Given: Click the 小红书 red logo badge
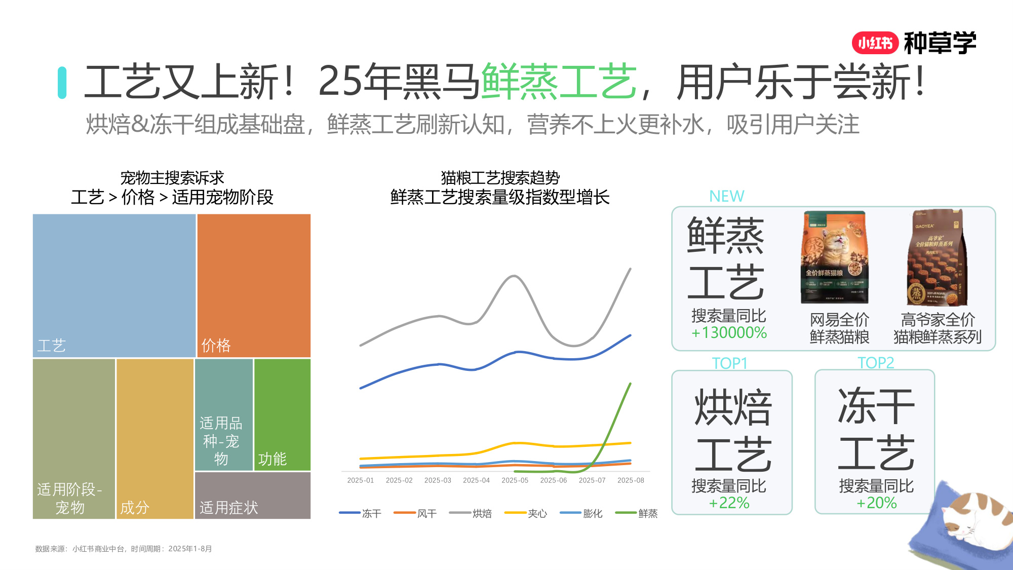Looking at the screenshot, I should coord(875,43).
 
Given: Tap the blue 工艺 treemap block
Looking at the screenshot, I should coord(114,285).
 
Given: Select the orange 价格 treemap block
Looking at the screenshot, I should coord(254,285).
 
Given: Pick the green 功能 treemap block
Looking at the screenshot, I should coord(282,414).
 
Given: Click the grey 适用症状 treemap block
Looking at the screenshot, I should coord(252,495).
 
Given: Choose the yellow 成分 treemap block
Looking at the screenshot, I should coord(154,438).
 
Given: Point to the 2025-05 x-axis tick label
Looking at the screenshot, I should coord(515,480).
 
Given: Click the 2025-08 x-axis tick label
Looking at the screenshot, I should coord(631,480).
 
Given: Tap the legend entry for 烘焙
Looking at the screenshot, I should coord(471,513).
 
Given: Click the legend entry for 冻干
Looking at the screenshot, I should coord(360,513).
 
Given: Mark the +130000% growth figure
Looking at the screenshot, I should coord(729,333).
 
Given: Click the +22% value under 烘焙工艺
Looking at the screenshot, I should coord(729,503).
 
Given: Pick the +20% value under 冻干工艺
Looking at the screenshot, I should coord(876,503).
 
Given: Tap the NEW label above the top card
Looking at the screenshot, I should coord(726,196).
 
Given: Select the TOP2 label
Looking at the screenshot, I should coord(875,363).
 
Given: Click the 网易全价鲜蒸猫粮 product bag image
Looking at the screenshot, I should coord(835,257).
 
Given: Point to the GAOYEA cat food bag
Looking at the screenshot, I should coord(937,257).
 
